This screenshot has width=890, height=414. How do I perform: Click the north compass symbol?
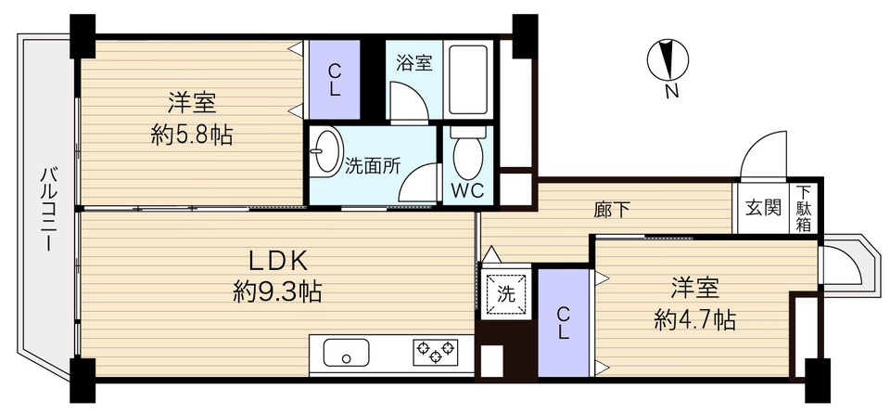(668, 59)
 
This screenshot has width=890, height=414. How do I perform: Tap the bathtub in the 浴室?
(468, 80)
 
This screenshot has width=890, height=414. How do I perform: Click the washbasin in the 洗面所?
(326, 150)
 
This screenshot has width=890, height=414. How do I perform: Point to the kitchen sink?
(346, 353)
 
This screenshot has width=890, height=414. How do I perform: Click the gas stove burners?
(436, 351)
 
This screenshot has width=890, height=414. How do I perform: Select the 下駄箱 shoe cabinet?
(804, 208)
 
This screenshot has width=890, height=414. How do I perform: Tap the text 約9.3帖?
(277, 293)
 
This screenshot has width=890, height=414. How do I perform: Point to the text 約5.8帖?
(192, 135)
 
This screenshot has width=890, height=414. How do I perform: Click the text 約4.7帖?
(694, 321)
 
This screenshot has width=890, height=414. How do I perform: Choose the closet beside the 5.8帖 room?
(335, 80)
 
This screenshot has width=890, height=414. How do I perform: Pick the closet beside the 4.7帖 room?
(563, 322)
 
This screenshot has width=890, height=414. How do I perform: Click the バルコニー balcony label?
(47, 209)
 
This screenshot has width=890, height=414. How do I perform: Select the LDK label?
(277, 262)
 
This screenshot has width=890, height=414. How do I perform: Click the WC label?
(467, 191)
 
